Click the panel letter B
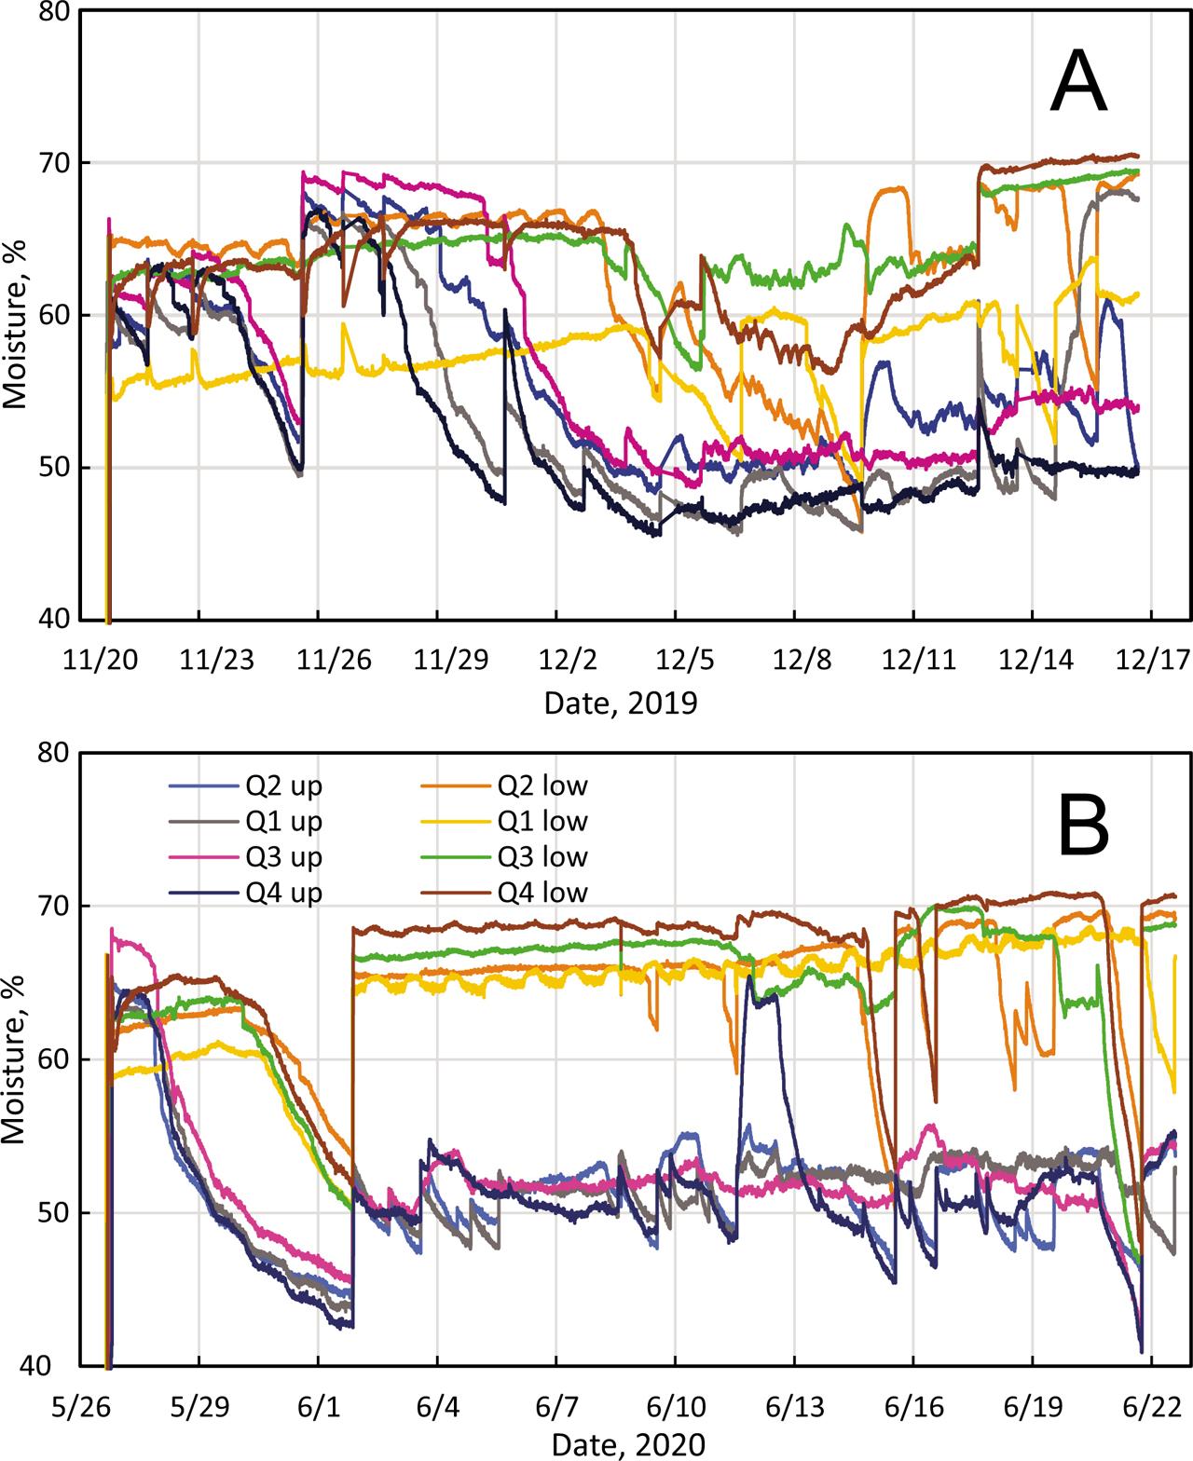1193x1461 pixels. point(1083,828)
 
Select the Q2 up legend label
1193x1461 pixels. point(284,785)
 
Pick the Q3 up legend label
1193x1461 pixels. point(284,857)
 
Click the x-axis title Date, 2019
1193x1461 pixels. point(620,702)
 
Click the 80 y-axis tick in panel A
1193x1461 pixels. point(51,12)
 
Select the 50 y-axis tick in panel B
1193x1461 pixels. point(51,1214)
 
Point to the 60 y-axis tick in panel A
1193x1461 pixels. point(51,316)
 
